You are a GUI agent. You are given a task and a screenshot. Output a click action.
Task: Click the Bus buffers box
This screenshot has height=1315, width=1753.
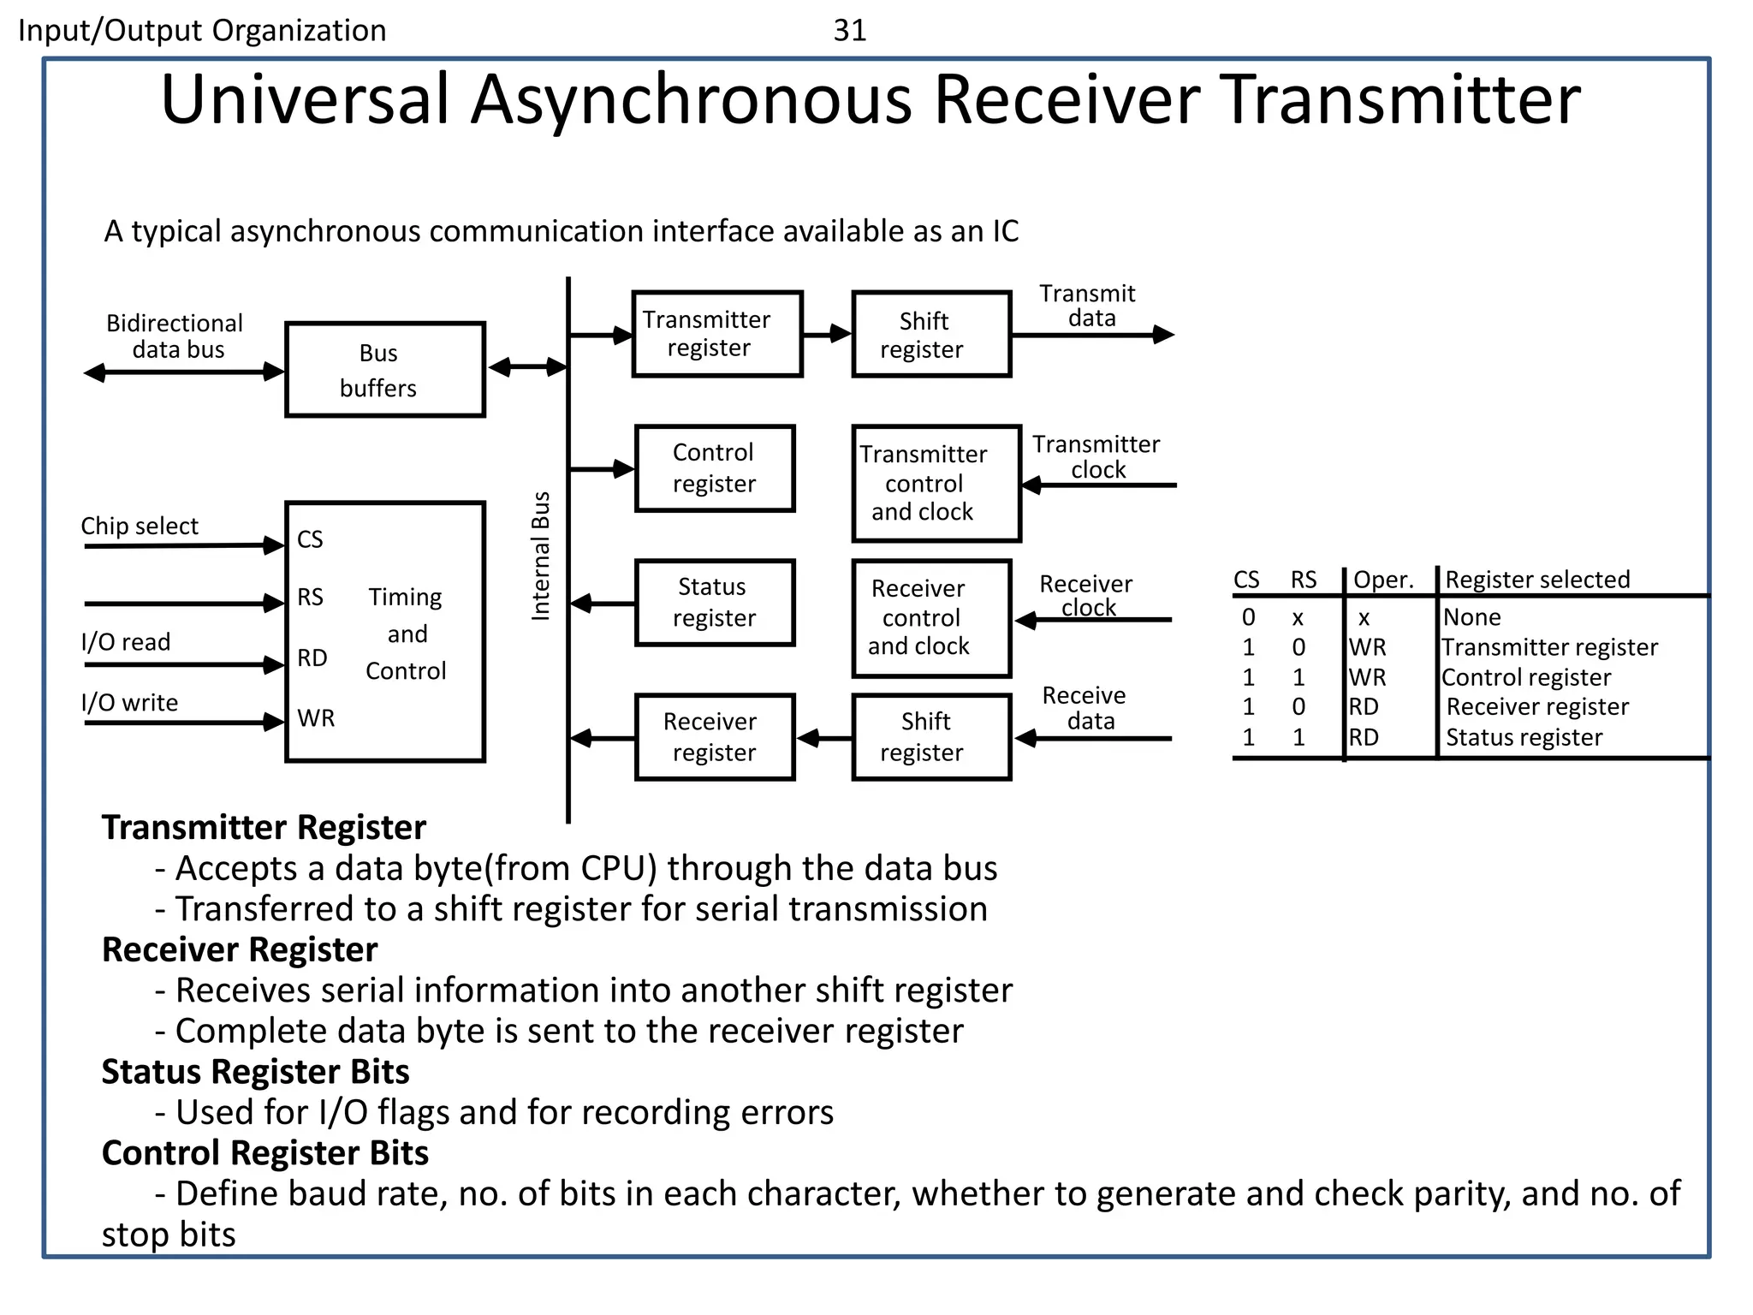point(384,370)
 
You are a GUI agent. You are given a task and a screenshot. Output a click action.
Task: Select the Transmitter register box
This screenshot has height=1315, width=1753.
point(716,334)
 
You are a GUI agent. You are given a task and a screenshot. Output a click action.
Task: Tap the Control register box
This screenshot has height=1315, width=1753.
point(714,468)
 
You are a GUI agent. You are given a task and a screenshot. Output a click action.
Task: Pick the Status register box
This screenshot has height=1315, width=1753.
point(714,603)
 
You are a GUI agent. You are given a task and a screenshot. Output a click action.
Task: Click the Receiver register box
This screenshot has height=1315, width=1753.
point(714,737)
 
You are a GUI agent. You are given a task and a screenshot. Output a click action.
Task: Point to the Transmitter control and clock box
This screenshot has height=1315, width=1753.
point(936,484)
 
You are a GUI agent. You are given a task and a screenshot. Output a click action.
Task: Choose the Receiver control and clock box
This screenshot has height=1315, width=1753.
point(930,618)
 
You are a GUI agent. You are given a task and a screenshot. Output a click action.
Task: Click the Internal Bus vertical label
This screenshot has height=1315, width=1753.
point(540,556)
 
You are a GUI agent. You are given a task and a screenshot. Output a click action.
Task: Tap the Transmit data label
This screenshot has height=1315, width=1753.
point(1088,306)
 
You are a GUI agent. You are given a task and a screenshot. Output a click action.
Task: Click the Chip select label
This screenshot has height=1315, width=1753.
point(139,526)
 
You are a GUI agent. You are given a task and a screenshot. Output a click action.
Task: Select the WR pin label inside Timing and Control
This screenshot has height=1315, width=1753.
point(316,718)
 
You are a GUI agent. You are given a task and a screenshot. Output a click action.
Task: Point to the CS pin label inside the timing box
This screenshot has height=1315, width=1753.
point(310,539)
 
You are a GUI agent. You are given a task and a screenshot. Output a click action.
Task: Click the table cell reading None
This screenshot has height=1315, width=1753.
point(1471,617)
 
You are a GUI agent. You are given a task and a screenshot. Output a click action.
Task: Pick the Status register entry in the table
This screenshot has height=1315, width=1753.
point(1523,737)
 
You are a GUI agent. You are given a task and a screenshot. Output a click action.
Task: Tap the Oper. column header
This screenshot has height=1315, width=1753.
point(1382,580)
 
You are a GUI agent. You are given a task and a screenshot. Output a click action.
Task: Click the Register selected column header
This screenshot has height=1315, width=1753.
point(1536,580)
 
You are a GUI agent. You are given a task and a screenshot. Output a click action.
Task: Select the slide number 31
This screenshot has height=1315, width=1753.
point(849,31)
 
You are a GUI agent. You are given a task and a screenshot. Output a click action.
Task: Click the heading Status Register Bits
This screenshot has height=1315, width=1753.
point(255,1072)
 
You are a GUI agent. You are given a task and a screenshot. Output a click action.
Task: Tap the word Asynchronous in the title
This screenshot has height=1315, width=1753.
point(691,99)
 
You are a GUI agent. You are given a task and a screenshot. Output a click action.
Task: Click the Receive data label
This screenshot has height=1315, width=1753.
point(1085,708)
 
